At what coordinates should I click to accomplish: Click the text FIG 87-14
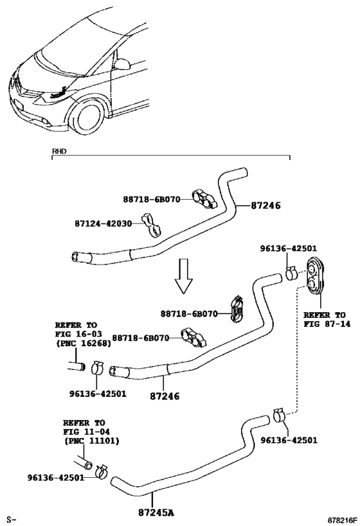(325, 325)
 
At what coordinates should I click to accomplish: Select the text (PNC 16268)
(82, 344)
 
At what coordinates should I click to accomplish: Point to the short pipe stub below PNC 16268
(75, 366)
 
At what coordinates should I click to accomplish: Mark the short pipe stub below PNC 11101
(82, 463)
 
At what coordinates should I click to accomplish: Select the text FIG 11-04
(85, 432)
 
